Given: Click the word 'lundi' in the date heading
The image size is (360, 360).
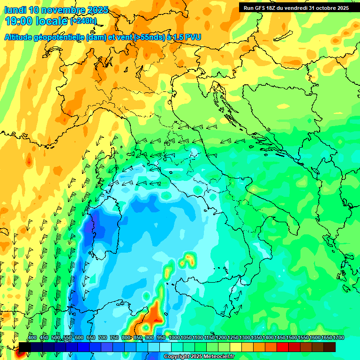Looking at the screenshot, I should point(15,10).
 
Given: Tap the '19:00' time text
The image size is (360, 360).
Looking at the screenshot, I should point(18,21).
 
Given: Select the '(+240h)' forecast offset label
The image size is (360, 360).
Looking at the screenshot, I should point(83,21).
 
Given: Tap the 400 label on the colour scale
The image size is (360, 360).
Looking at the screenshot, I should point(32,337).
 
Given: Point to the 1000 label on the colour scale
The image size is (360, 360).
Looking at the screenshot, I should point(174,337).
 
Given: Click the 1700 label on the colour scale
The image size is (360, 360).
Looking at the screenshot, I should point(338,337).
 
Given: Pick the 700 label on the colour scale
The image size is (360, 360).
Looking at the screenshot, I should point(102,337).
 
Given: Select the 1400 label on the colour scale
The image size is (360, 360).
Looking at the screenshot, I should point(268,337).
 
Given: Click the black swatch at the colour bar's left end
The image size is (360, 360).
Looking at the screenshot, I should point(24,347).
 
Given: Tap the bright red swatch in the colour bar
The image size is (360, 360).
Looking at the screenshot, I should point(283,347).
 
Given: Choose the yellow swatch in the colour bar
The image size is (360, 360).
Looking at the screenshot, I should point(247,347).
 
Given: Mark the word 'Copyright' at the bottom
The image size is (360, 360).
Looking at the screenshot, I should point(177,356).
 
